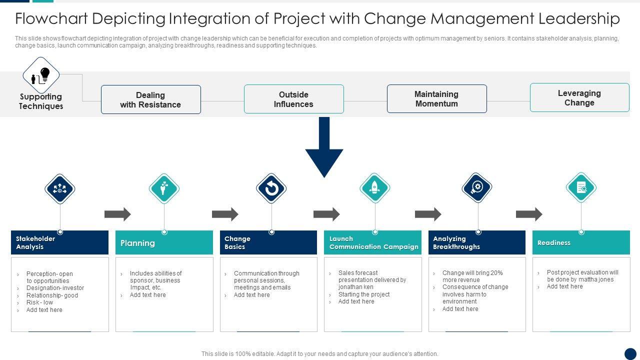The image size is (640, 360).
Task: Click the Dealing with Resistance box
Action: (x=150, y=99)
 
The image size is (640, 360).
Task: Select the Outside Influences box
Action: (x=293, y=99)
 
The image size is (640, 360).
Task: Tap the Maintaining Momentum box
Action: (x=436, y=98)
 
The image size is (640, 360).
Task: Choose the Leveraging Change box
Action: (x=579, y=97)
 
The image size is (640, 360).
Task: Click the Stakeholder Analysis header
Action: (x=59, y=242)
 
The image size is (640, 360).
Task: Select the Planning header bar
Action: (x=164, y=242)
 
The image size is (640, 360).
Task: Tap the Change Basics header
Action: (x=268, y=242)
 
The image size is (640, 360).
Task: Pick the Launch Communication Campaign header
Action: (x=372, y=242)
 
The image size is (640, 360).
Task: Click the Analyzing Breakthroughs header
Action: (x=477, y=242)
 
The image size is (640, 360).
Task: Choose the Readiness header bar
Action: (x=581, y=242)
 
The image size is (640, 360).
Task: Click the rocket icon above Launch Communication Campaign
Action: (x=374, y=188)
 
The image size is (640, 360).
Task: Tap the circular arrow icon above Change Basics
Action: (x=271, y=189)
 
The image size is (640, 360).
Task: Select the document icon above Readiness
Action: (x=581, y=187)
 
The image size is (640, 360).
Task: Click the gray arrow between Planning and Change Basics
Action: (x=225, y=214)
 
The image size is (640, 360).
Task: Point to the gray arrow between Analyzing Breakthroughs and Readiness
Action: (x=529, y=214)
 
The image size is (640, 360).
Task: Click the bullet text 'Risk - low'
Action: (x=39, y=302)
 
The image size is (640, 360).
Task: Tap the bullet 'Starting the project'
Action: (x=364, y=294)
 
